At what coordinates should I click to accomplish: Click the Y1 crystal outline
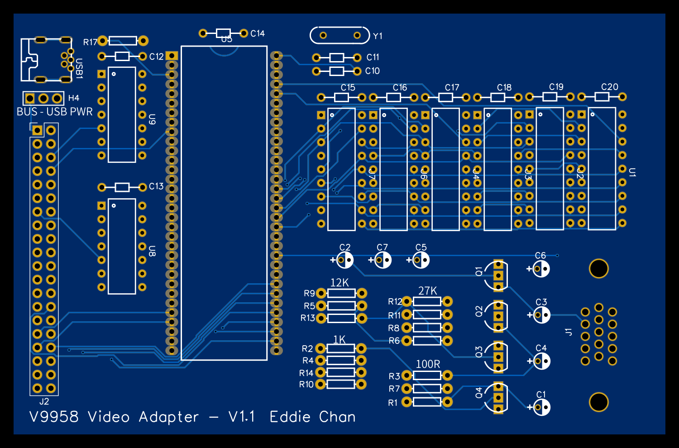pos(340,35)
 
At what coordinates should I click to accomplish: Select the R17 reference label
pos(90,42)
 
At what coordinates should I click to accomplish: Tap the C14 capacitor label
pos(258,33)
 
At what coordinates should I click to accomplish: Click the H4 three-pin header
pos(43,98)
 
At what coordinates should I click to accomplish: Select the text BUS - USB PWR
pos(54,112)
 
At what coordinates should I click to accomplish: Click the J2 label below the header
pos(44,401)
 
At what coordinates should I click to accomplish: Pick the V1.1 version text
pos(241,417)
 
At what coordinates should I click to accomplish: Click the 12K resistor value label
pos(339,283)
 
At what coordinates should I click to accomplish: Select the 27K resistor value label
pos(427,291)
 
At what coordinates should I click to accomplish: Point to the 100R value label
pos(428,364)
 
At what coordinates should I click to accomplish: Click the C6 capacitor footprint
pos(541,269)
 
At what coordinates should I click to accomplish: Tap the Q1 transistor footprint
pos(497,275)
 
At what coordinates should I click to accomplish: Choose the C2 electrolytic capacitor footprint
pos(345,260)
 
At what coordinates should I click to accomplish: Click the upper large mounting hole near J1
pos(598,269)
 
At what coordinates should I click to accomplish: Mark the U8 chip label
pos(152,251)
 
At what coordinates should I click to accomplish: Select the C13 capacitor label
pos(156,186)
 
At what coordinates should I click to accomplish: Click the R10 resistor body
pos(341,384)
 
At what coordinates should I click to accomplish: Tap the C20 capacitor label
pos(609,87)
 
